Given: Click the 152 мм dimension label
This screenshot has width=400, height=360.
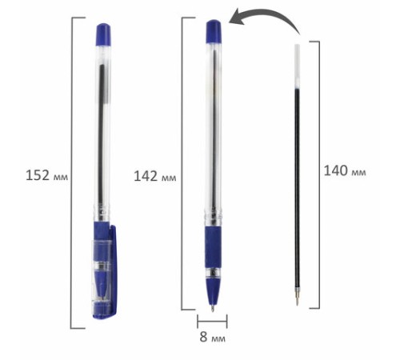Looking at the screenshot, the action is coord(46,175).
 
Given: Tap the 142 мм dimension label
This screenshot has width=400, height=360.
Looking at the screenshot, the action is coord(154,176).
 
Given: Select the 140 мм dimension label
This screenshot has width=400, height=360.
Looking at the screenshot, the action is coord(345,170).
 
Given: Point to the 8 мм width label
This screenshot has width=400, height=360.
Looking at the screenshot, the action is coord(213,337).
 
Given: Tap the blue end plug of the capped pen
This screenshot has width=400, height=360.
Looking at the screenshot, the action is coord(103,34).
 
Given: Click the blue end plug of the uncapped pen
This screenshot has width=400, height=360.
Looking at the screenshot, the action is coord(214,31).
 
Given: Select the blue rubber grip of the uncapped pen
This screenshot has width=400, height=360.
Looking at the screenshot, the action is coord(213,247).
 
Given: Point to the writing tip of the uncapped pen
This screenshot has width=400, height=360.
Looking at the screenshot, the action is coord(213,309).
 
